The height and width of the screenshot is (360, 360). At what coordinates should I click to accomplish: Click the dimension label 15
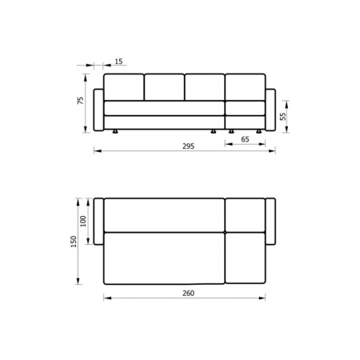pyautogui.click(x=118, y=62)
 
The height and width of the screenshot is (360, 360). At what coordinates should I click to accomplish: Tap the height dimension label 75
pyautogui.click(x=81, y=101)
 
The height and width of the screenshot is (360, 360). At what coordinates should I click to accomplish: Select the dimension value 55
pyautogui.click(x=283, y=117)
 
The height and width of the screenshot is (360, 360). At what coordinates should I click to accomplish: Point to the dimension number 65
pyautogui.click(x=245, y=139)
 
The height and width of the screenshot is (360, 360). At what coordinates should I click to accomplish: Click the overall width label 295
pyautogui.click(x=189, y=146)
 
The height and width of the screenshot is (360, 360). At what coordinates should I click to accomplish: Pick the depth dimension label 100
pyautogui.click(x=83, y=221)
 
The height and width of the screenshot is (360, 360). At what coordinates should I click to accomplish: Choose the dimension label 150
pyautogui.click(x=74, y=242)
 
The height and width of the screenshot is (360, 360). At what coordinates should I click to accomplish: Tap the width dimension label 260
pyautogui.click(x=189, y=293)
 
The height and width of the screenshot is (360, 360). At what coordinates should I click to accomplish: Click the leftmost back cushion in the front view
pyautogui.click(x=124, y=87)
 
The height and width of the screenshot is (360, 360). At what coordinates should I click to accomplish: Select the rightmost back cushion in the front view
pyautogui.click(x=246, y=87)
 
